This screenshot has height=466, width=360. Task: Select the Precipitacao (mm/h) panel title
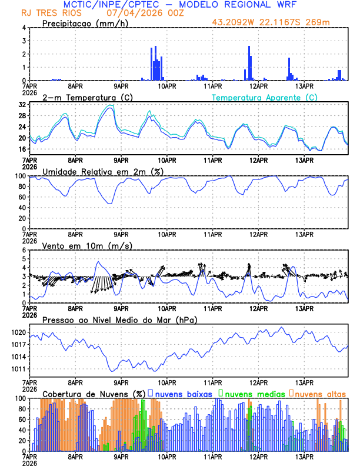coord(85,24)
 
